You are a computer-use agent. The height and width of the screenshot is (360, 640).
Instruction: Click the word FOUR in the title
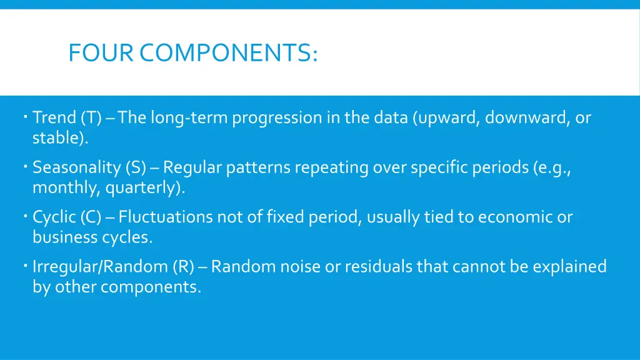[100, 54]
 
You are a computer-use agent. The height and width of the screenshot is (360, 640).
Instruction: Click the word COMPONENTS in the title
[228, 54]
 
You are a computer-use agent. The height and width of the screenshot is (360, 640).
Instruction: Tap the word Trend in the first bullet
[54, 117]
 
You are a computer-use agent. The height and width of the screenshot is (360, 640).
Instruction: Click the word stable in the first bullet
[58, 138]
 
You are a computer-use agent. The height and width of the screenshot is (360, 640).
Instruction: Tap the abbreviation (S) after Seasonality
[135, 167]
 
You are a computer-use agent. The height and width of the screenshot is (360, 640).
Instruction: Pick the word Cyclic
[54, 217]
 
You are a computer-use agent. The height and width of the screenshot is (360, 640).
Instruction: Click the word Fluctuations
[166, 217]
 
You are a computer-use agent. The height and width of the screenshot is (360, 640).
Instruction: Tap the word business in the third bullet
[64, 237]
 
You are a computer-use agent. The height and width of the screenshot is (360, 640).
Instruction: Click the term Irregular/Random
[99, 267]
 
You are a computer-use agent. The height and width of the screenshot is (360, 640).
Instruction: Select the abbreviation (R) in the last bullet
[183, 267]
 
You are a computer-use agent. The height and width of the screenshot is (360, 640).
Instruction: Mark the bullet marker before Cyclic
[22, 215]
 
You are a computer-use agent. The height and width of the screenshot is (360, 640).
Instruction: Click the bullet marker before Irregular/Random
[22, 265]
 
